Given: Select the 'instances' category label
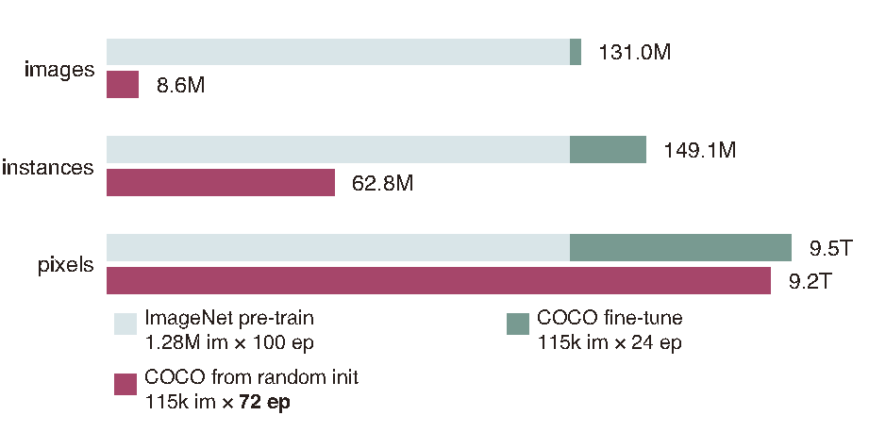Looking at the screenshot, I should click(x=48, y=168).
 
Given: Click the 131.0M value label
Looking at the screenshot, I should click(x=634, y=53).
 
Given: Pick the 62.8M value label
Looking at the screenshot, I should click(x=383, y=183).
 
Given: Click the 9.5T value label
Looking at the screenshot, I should click(x=830, y=248).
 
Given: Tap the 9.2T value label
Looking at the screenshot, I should click(x=810, y=281).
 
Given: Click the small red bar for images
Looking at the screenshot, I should click(x=123, y=85).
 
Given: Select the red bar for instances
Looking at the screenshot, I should click(x=221, y=183).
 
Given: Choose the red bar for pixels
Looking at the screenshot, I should click(x=439, y=281).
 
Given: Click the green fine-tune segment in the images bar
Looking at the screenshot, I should click(x=576, y=52).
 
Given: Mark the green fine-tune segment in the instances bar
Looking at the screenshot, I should click(x=608, y=149).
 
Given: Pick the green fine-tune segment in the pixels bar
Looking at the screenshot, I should click(x=680, y=247).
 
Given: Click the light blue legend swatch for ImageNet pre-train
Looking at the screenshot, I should click(x=125, y=324).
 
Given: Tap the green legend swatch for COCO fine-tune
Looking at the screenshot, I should click(x=517, y=323).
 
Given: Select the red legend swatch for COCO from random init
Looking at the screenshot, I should click(x=125, y=384).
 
